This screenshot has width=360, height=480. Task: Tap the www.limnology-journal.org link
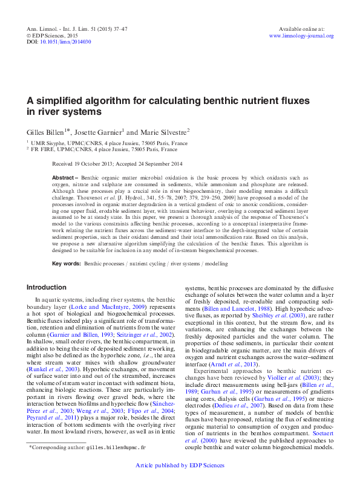coord(301,36)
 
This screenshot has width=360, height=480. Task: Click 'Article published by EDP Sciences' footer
coord(180,465)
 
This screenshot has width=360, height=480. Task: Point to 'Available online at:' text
coord(301,29)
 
